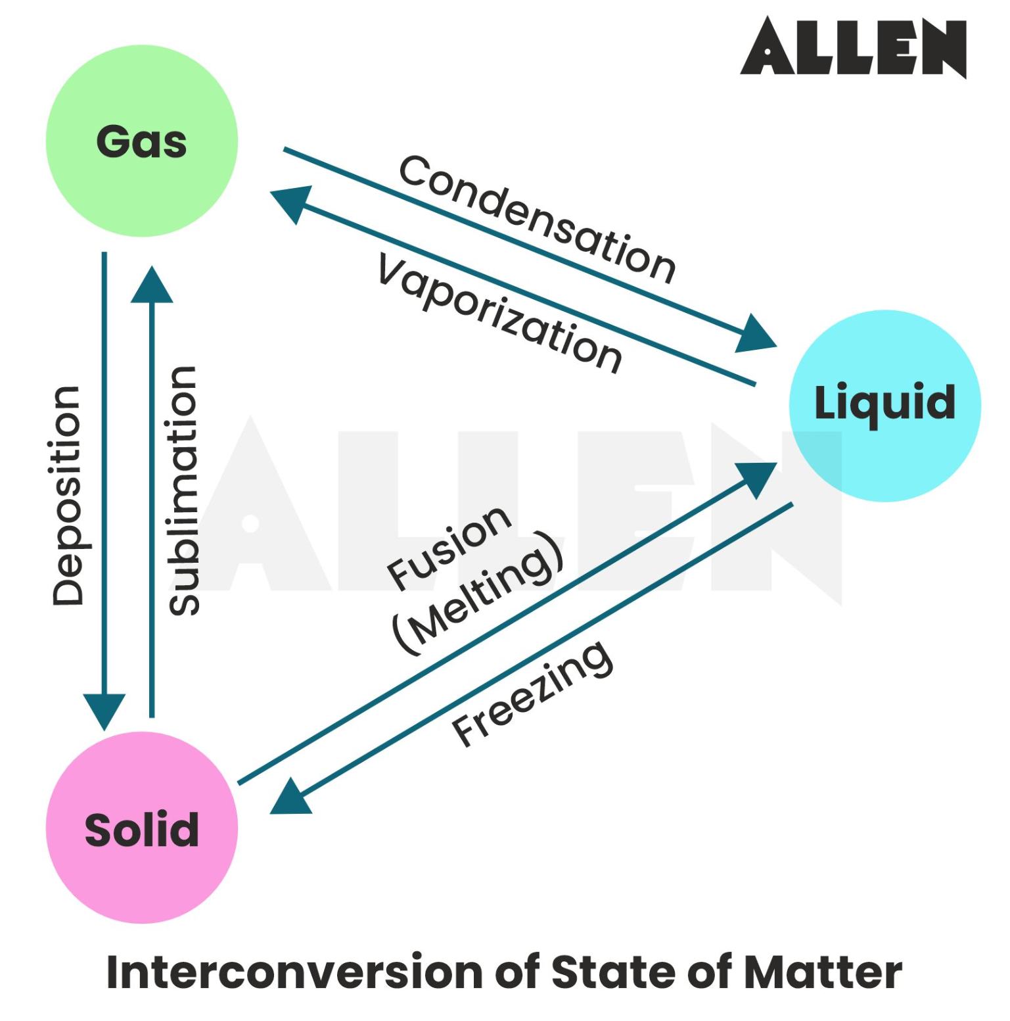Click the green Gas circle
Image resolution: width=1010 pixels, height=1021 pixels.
pos(141,141)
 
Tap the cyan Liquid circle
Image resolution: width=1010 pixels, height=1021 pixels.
pos(884,406)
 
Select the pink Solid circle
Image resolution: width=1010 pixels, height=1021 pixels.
pos(141,828)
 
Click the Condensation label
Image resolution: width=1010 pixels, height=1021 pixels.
pos(537,219)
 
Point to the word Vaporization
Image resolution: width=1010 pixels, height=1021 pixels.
pos(499,314)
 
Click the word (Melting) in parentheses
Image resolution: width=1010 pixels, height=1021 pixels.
pos(478,593)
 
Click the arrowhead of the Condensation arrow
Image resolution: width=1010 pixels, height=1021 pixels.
pos(756,335)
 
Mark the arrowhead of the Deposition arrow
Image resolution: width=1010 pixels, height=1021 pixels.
pos(104,711)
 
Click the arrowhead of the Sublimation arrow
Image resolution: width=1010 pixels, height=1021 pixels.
pos(152,285)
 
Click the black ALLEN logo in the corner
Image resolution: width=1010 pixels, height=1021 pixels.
pos(853,47)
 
